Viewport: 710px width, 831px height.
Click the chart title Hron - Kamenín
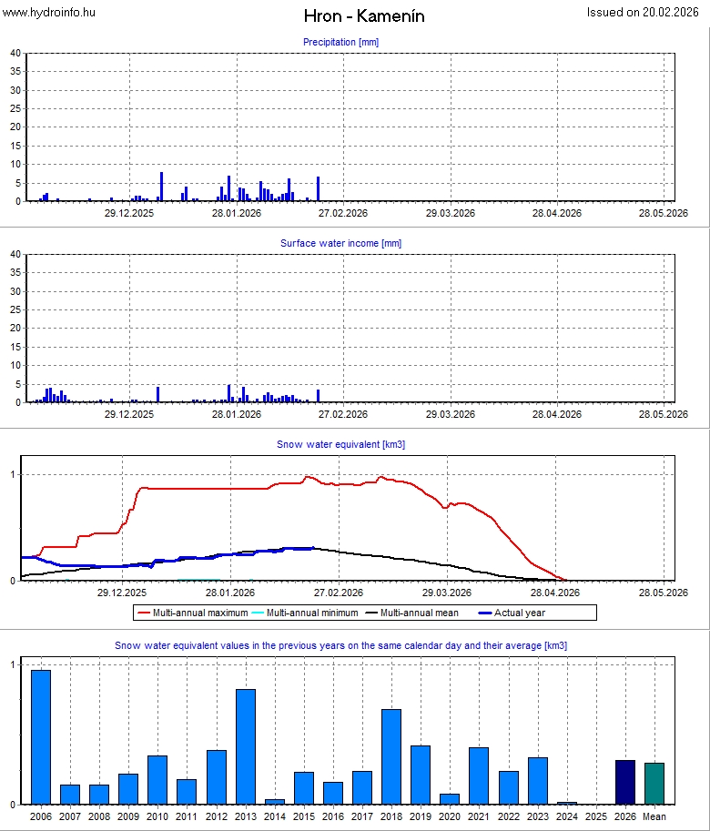click(x=364, y=16)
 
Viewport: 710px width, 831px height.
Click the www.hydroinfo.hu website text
click(x=48, y=12)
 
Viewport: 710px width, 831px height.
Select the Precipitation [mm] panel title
click(x=340, y=42)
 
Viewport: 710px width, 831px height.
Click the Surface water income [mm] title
click(x=340, y=243)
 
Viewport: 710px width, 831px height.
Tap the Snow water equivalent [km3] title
click(x=340, y=444)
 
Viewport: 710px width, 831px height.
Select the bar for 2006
click(x=41, y=737)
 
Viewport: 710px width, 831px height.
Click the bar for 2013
click(x=246, y=746)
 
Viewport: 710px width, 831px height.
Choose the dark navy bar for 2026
click(x=625, y=782)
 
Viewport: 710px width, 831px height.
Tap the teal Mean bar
click(x=654, y=784)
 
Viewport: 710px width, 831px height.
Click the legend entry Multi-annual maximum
click(x=193, y=613)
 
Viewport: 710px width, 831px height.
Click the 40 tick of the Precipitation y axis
click(x=15, y=53)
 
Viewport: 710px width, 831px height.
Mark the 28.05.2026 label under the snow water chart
click(x=662, y=593)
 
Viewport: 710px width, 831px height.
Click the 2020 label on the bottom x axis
click(x=450, y=817)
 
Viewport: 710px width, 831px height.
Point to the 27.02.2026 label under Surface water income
click(x=342, y=414)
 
